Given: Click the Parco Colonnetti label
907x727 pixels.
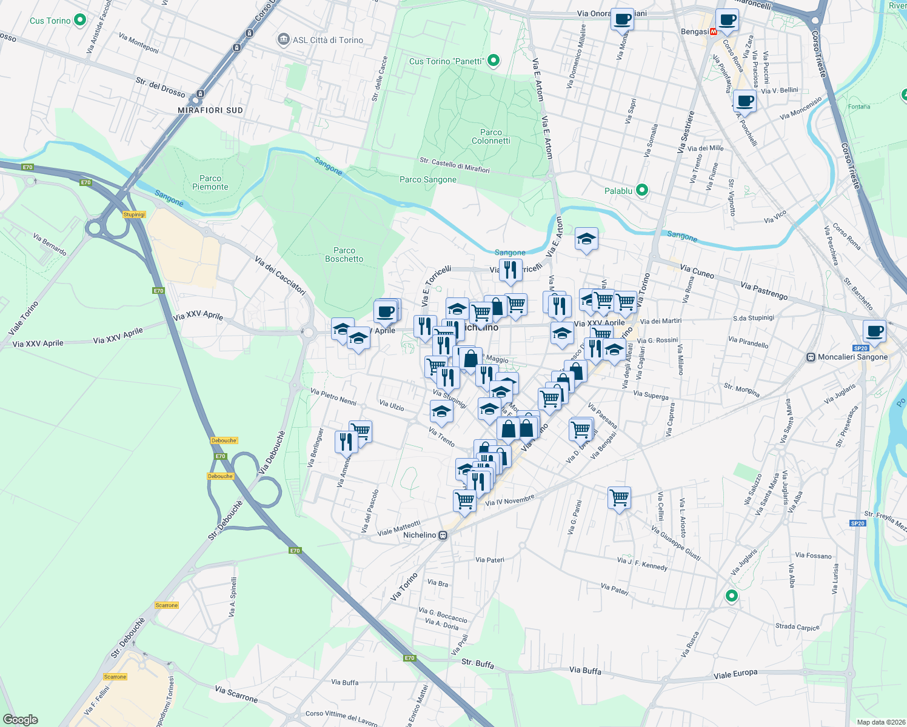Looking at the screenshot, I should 490,136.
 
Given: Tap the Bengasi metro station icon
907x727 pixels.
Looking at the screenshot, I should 714,32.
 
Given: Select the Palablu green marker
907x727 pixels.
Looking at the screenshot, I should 642,190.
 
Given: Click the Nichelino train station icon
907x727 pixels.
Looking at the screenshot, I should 444,535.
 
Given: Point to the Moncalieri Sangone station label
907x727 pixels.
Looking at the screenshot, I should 852,357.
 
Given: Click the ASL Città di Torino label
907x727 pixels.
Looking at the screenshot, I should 327,40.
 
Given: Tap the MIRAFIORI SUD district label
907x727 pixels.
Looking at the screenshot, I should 210,110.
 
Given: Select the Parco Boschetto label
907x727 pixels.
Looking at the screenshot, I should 344,254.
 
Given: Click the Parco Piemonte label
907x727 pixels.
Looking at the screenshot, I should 210,182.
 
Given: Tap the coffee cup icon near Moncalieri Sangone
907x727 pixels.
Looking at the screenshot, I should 874,331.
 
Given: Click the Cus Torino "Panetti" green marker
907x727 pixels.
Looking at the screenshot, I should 494,60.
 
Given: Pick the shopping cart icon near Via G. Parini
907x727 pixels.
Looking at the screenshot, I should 619,498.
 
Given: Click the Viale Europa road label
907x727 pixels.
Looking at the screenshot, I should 735,674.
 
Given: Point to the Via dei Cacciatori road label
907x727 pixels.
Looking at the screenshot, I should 280,276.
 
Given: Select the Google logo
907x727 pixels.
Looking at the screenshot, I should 20,720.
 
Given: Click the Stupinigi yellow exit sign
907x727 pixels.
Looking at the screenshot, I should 134,214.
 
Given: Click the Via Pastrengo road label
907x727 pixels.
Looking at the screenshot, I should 764,291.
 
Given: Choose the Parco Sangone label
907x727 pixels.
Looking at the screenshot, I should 428,179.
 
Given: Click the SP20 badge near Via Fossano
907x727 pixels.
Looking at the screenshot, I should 857,523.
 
